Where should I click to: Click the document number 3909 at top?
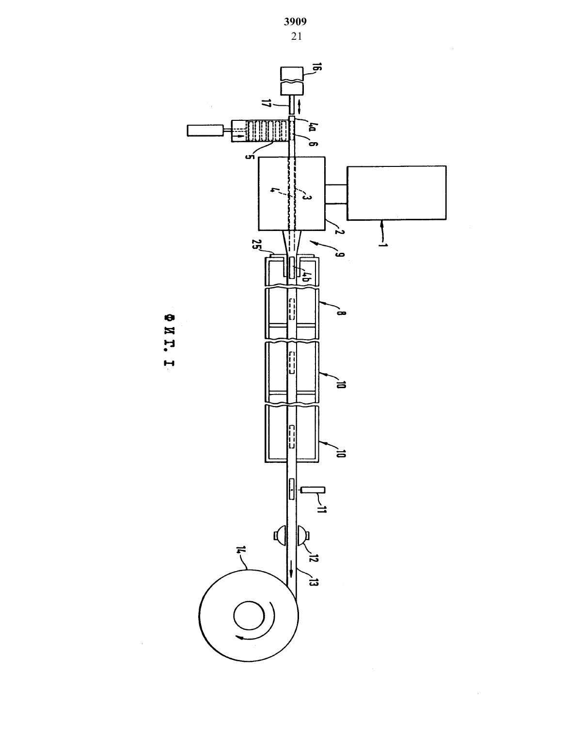click(x=295, y=22)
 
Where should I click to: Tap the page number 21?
click(x=297, y=36)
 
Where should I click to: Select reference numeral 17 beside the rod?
click(x=267, y=103)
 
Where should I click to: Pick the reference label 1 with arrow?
click(x=383, y=244)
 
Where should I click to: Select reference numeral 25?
click(x=257, y=244)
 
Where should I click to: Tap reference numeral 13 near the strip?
click(x=313, y=582)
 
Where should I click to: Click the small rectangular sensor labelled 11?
click(x=313, y=490)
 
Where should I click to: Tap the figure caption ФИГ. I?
click(x=169, y=341)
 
